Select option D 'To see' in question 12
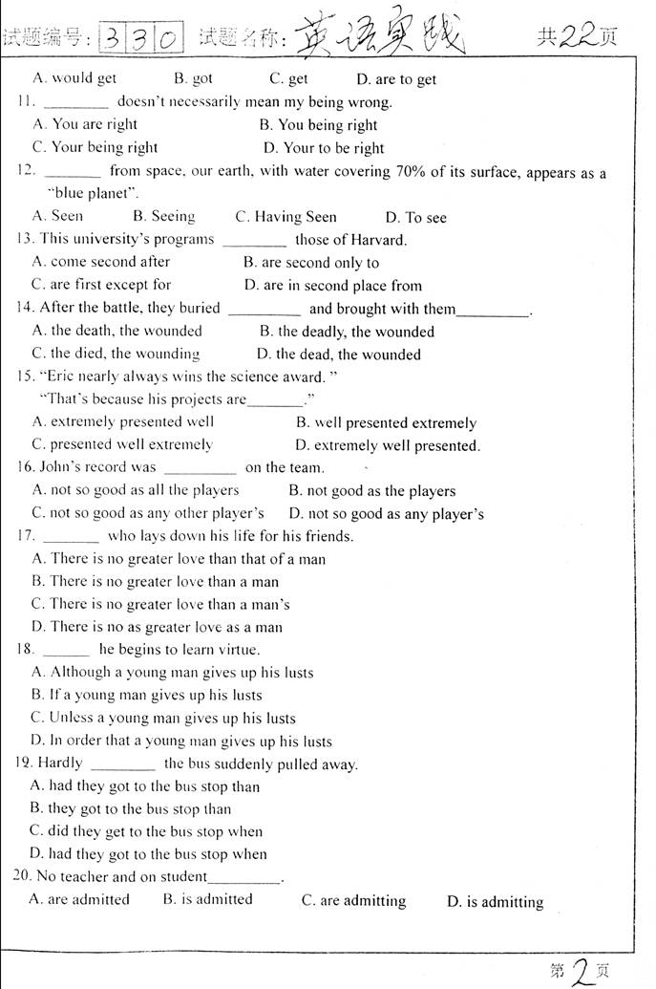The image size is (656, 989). pyautogui.click(x=415, y=218)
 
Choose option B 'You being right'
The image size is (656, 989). pyautogui.click(x=318, y=125)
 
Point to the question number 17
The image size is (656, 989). pyautogui.click(x=25, y=536)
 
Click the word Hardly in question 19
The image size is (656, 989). pyautogui.click(x=60, y=763)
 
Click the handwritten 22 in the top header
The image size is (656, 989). pyautogui.click(x=578, y=36)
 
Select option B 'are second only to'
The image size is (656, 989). pyautogui.click(x=310, y=263)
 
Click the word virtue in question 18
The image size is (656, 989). pyautogui.click(x=236, y=650)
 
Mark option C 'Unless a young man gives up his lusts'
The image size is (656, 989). pyautogui.click(x=162, y=719)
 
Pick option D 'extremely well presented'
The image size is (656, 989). pyautogui.click(x=387, y=445)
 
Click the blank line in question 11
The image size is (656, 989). pyautogui.click(x=76, y=103)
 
